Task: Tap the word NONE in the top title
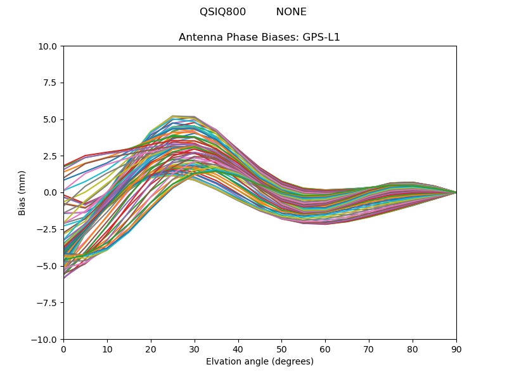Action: pos(291,12)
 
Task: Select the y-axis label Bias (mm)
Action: pos(22,192)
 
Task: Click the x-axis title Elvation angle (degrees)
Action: pos(260,362)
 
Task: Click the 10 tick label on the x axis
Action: pos(107,349)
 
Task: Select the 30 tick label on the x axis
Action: pos(195,349)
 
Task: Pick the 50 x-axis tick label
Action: pos(281,349)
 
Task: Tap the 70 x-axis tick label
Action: pos(369,349)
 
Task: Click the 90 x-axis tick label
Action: pos(456,349)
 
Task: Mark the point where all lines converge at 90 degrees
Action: pos(456,192)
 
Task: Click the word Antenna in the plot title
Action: pos(200,37)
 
